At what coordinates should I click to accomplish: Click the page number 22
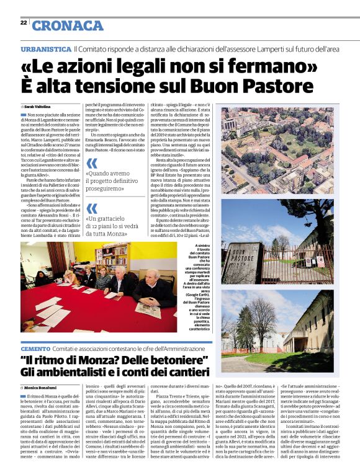(23, 22)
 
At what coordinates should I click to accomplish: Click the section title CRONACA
(68, 25)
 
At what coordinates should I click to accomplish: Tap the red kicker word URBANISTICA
(45, 48)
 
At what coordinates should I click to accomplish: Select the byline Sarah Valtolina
(38, 107)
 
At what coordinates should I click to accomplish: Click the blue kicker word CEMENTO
(35, 350)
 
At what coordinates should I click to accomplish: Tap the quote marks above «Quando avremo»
(92, 163)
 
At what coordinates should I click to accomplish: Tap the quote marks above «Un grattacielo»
(92, 208)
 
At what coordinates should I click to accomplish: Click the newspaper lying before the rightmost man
(147, 308)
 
